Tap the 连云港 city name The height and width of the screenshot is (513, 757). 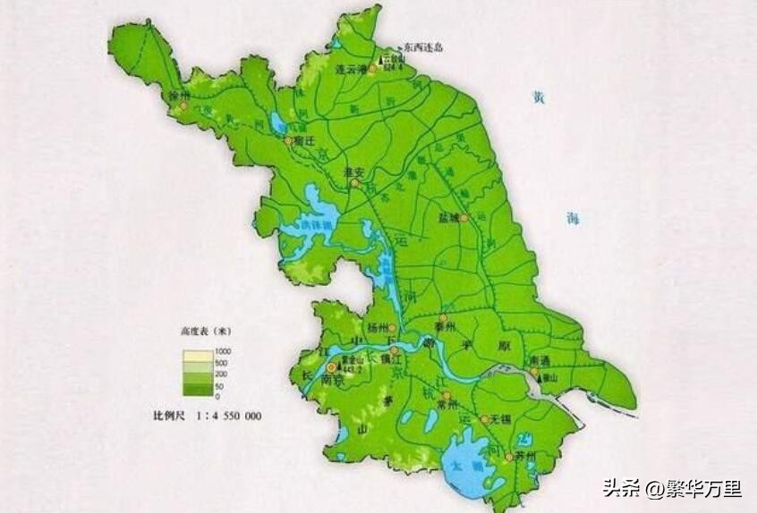pyautogui.click(x=352, y=68)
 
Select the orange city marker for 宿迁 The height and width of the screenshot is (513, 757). pyautogui.click(x=287, y=140)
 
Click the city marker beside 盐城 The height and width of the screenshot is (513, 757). pyautogui.click(x=464, y=216)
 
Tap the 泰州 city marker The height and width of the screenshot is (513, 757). pyautogui.click(x=442, y=317)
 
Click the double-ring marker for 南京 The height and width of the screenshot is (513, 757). pyautogui.click(x=332, y=366)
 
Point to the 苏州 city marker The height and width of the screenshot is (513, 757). pyautogui.click(x=508, y=457)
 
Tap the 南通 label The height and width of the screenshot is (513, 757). pyautogui.click(x=540, y=359)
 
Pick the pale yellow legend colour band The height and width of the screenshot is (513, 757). pyautogui.click(x=197, y=355)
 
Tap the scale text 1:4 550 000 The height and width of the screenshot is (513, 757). pyautogui.click(x=227, y=416)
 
